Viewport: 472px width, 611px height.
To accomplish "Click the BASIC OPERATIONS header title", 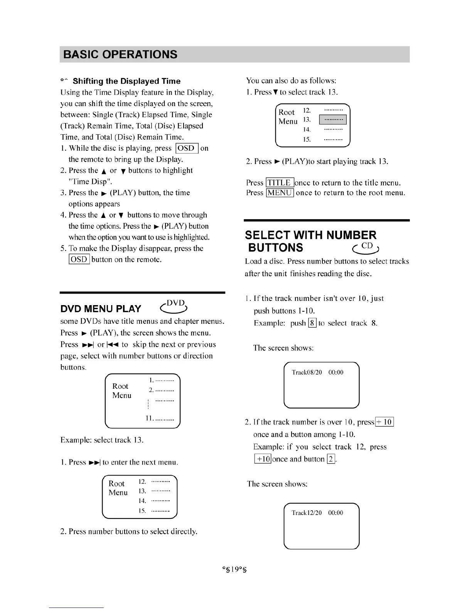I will click(120, 54).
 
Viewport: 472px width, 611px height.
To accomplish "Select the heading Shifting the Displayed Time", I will click(126, 81).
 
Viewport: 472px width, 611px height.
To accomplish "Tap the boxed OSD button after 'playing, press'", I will click(187, 149).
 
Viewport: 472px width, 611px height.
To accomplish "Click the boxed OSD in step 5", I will click(79, 259).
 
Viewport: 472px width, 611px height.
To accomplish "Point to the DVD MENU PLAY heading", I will click(101, 309).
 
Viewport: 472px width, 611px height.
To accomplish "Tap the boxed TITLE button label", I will click(280, 183).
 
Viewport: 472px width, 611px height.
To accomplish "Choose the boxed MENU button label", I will click(280, 193).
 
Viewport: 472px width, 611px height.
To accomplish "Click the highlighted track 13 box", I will click(333, 120).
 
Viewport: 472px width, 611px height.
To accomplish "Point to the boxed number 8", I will click(312, 323).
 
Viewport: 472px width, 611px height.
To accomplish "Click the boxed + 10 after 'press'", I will click(384, 422).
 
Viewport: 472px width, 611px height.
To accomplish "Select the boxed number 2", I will click(331, 459).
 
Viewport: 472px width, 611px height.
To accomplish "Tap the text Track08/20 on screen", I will click(307, 372).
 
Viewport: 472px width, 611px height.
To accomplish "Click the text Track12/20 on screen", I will click(307, 513).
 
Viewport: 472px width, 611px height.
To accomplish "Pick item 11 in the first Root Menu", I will click(159, 418).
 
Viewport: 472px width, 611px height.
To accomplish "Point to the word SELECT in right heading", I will click(267, 235).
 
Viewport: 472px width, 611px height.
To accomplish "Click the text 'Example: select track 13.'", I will click(102, 440).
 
